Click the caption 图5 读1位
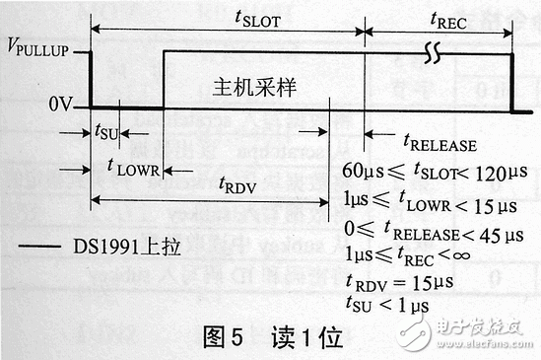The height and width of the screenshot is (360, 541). click(x=272, y=338)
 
